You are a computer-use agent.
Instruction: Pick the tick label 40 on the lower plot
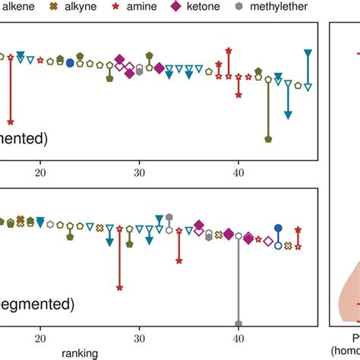click(238, 339)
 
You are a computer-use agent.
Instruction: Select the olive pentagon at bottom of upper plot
click(268, 139)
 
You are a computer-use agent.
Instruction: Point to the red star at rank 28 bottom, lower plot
click(119, 288)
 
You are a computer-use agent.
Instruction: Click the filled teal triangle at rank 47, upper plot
click(308, 52)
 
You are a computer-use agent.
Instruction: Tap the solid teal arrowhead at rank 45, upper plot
click(289, 115)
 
